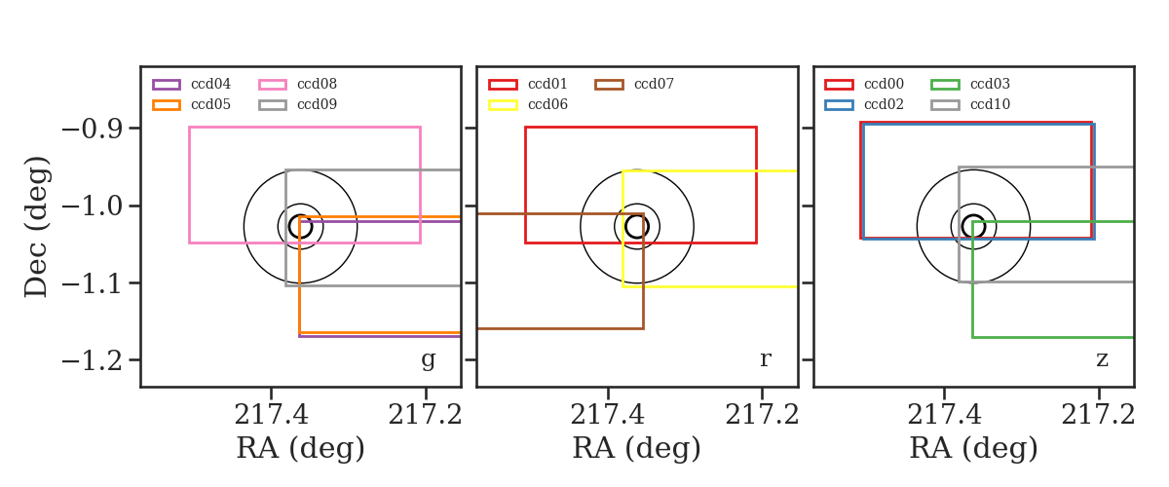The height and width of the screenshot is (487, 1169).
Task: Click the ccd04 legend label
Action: coord(210,84)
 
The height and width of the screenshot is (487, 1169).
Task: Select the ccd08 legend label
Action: coord(317,84)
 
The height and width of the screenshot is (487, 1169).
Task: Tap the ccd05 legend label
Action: coord(210,104)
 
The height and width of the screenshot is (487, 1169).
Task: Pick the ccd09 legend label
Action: coord(317,104)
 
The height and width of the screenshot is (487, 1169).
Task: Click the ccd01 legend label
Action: coord(547,84)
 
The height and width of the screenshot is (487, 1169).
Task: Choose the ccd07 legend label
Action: coord(654,84)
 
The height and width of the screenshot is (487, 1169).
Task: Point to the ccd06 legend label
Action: coord(547,104)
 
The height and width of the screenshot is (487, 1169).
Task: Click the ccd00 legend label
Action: coord(885,84)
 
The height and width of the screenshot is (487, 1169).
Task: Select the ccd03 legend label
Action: coord(990,84)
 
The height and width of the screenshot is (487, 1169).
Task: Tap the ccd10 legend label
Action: coord(990,104)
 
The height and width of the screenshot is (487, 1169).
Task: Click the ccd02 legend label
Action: coord(885,104)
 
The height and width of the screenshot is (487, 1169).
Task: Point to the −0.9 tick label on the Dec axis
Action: coord(93,129)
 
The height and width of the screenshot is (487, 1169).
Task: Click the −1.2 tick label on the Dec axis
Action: coord(93,360)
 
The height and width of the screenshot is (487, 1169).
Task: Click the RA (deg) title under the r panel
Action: coord(637,448)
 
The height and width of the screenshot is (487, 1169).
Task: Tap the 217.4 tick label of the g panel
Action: coord(271,416)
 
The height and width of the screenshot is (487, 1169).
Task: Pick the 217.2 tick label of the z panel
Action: coord(1098,416)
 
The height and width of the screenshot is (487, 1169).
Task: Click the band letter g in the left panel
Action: coord(428,359)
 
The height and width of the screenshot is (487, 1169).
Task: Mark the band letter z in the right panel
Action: coord(1102,359)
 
